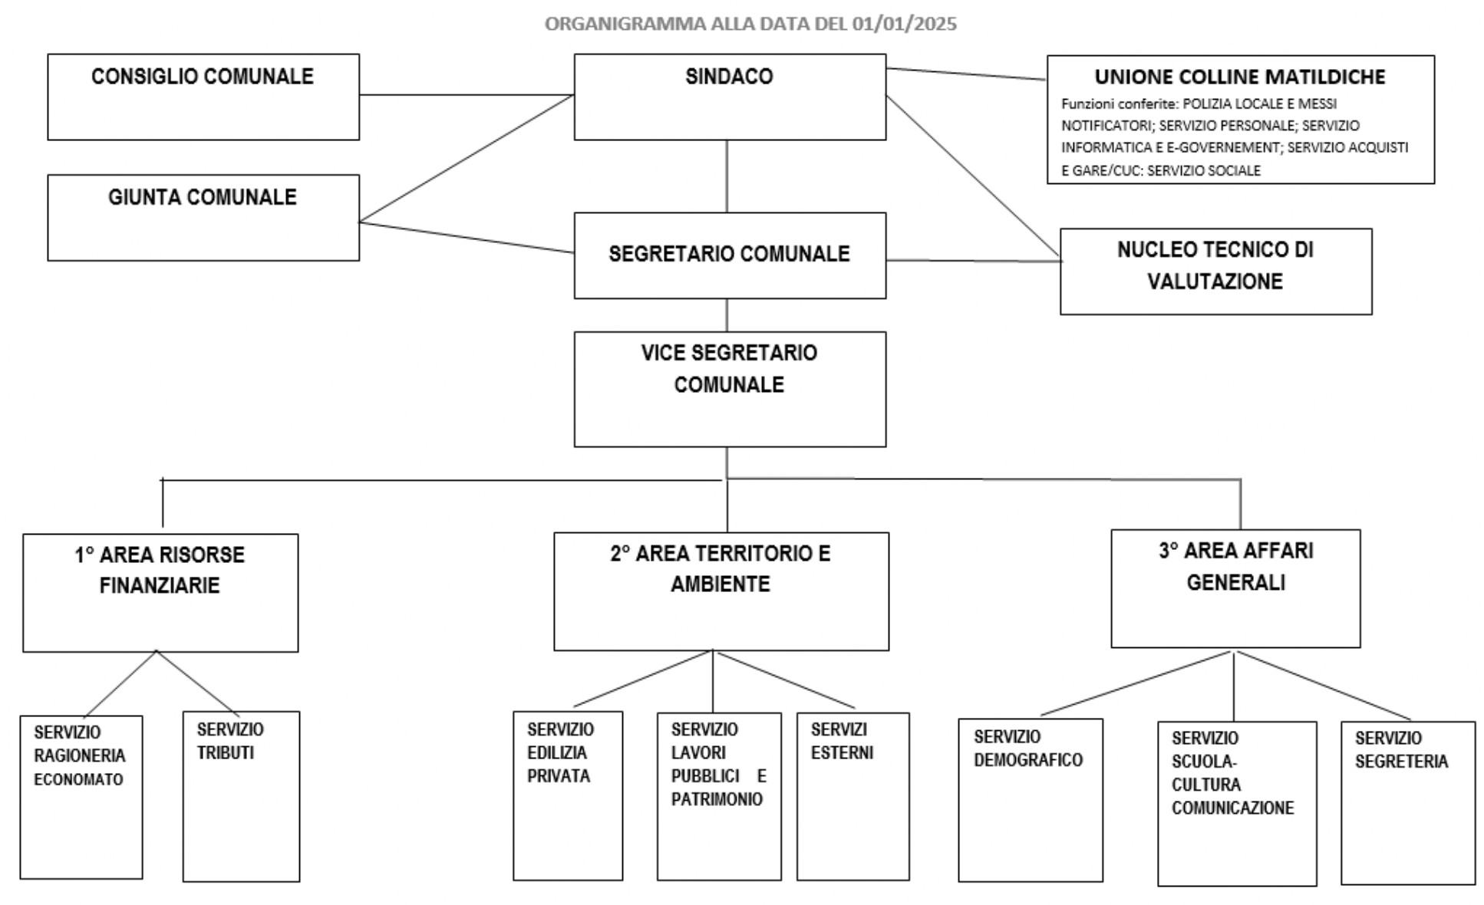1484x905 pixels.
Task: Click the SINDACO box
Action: click(730, 97)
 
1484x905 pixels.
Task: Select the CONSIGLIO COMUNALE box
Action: click(203, 97)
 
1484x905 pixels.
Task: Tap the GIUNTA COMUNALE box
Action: click(203, 218)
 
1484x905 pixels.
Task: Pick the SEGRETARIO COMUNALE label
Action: click(729, 254)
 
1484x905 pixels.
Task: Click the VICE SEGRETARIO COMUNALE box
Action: click(730, 390)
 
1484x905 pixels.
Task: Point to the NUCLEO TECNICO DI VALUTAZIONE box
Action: click(1216, 271)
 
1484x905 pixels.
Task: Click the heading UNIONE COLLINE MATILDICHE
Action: click(1240, 77)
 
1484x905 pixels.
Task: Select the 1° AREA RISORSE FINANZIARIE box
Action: click(160, 593)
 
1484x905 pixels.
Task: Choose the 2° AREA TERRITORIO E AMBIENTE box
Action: click(721, 591)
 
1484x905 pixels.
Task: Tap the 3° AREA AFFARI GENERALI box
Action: click(1235, 588)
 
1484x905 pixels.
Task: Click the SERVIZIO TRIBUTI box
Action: click(241, 797)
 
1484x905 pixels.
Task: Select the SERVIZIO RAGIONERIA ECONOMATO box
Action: click(81, 798)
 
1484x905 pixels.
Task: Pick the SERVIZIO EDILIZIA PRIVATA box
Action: click(568, 796)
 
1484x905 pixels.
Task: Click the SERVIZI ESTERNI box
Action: click(853, 796)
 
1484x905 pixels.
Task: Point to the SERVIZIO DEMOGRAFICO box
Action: click(1031, 801)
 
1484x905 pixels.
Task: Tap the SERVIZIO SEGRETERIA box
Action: click(1408, 803)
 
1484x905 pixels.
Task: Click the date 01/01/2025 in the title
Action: click(904, 24)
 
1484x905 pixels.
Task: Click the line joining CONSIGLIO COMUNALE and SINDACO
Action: click(467, 95)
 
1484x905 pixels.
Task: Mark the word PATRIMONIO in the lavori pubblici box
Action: click(717, 799)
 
